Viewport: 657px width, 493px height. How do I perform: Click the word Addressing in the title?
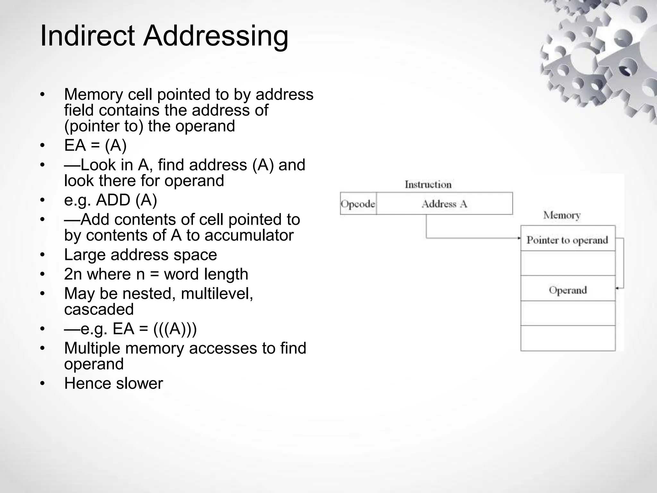[216, 36]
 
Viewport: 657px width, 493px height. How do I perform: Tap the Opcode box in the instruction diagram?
[358, 204]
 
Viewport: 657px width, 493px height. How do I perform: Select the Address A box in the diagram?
[444, 204]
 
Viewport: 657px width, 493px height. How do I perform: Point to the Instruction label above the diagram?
[428, 185]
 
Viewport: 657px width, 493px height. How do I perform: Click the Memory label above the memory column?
[562, 215]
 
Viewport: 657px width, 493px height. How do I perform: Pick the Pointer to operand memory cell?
[567, 239]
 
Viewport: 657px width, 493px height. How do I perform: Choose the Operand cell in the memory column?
[567, 290]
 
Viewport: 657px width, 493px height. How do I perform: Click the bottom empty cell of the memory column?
[567, 338]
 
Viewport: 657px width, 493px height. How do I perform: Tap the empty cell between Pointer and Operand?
[567, 263]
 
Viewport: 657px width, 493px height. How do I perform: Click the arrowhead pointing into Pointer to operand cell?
[518, 238]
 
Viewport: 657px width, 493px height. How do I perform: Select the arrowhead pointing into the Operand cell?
[617, 289]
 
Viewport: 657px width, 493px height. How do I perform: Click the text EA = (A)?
[95, 145]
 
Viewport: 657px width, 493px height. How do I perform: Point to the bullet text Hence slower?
[114, 383]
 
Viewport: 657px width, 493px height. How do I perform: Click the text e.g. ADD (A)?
[110, 200]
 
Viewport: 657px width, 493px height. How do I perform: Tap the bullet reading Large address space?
[141, 255]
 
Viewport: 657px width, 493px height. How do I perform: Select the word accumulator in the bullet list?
[249, 235]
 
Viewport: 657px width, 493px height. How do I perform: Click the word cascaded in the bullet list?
[99, 309]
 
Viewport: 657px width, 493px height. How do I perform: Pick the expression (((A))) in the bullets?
[175, 329]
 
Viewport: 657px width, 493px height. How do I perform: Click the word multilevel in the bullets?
[217, 293]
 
